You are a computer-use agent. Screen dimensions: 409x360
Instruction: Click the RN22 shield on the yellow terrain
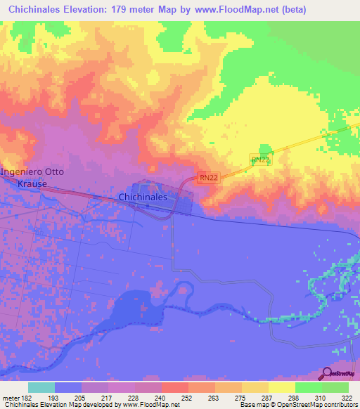coord(261,160)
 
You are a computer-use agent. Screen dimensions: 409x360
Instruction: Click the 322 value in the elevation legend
coord(347,397)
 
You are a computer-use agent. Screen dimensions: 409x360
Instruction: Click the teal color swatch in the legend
coord(41,387)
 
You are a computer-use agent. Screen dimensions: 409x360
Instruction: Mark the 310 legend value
coord(321,397)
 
